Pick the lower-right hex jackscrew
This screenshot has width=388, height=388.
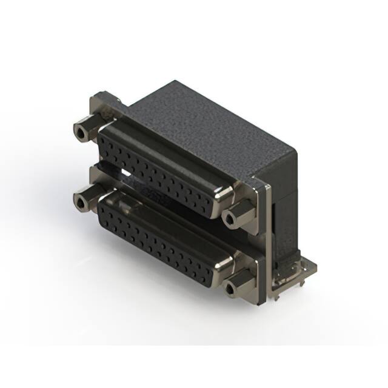[x=237, y=284]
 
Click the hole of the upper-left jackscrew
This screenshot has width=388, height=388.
[x=79, y=131]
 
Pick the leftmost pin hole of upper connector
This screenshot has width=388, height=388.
[x=104, y=139]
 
